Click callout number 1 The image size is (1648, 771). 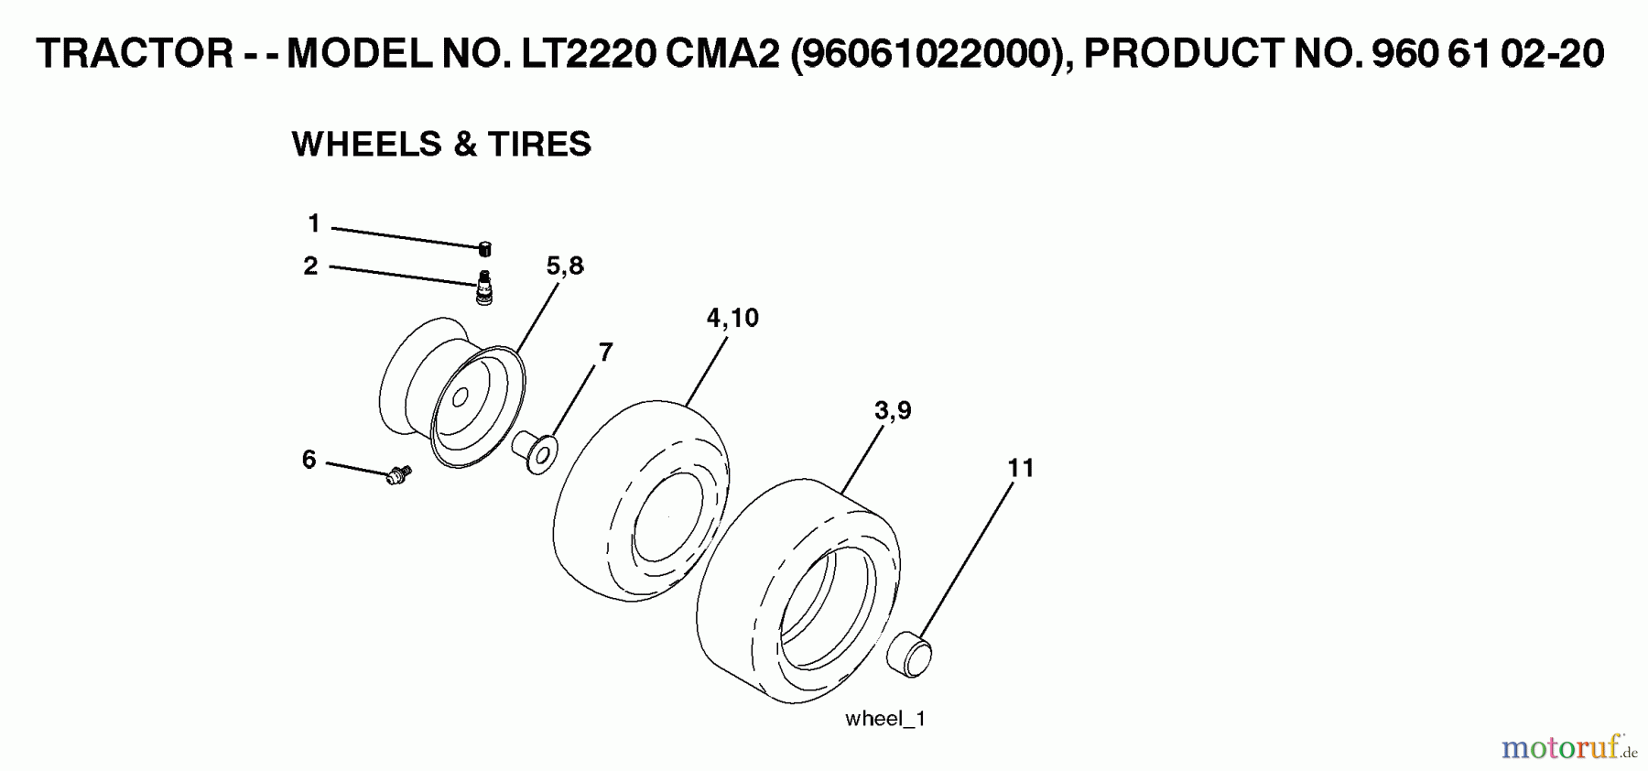tap(314, 223)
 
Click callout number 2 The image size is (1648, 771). tap(311, 266)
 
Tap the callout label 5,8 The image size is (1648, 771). tap(564, 266)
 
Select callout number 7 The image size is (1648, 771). tap(605, 353)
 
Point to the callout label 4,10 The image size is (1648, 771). tap(732, 318)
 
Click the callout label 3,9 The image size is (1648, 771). tap(892, 411)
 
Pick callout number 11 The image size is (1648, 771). tap(1020, 468)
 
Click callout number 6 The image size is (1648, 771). tap(309, 460)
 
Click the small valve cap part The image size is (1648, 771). tap(485, 248)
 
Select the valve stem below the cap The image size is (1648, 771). tap(484, 288)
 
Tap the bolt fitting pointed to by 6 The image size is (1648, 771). tap(398, 474)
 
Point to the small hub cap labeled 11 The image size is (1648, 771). tap(910, 654)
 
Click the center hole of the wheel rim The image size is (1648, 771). tap(461, 398)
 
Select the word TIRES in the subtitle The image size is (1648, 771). tap(539, 145)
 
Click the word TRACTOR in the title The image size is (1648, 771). tap(136, 54)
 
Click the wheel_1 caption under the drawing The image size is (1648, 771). tap(885, 719)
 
